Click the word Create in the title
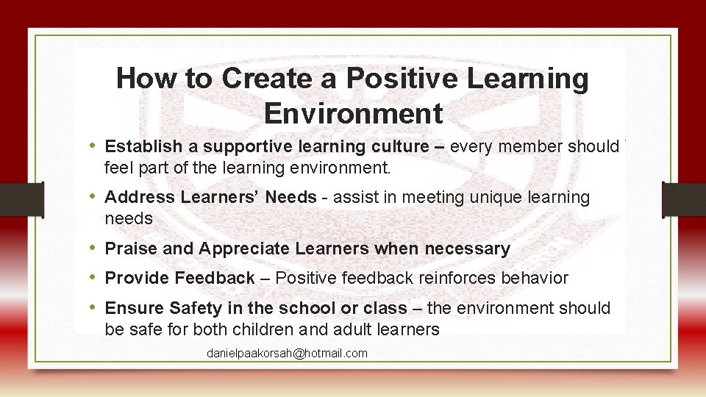tap(258, 79)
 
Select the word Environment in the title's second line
tap(353, 114)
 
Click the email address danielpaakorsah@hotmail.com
tap(287, 354)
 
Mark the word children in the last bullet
tap(275, 329)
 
